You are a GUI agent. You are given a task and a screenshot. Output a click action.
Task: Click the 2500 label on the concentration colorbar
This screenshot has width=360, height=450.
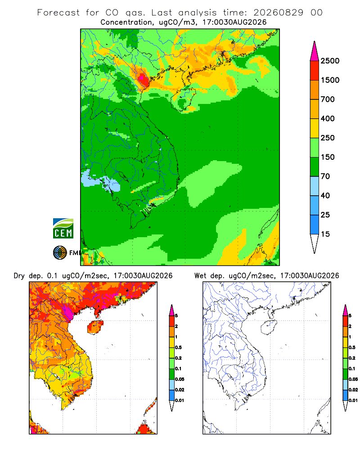[x=330, y=61]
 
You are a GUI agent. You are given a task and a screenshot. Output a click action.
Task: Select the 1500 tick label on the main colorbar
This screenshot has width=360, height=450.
[x=330, y=80]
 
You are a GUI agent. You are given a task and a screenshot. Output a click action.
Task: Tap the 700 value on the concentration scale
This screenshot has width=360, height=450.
[x=328, y=99]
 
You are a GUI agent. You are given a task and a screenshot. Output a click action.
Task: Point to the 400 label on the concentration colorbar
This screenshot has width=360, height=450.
[x=328, y=118]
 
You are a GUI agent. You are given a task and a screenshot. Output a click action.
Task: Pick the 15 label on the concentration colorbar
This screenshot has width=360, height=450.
[x=325, y=234]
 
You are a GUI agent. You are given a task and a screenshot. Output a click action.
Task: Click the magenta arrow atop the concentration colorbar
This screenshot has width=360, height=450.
[x=315, y=51]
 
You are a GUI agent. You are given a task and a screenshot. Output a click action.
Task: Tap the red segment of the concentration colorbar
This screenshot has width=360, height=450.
[x=315, y=71]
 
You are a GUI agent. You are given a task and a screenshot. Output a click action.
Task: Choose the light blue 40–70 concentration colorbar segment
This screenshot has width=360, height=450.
[x=315, y=186]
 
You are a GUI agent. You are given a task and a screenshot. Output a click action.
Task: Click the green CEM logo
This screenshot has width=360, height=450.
[x=63, y=229]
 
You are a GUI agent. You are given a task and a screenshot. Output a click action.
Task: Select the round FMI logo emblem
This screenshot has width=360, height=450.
[x=60, y=253]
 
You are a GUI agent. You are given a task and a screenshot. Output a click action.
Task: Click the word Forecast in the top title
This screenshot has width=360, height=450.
[x=58, y=13]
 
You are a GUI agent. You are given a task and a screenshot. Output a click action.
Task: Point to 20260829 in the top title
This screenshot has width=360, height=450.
[x=278, y=13]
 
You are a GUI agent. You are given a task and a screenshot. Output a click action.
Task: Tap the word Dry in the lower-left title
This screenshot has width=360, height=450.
[x=19, y=276]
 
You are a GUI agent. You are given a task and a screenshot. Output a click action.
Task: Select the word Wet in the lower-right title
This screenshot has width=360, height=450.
[x=200, y=276]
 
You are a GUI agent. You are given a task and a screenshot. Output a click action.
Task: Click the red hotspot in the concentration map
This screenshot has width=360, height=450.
[x=142, y=77]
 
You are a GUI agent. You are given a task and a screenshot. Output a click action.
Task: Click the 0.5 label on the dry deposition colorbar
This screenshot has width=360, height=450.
[x=179, y=347]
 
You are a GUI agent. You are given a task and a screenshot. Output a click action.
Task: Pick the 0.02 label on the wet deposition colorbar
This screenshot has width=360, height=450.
[x=353, y=390]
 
